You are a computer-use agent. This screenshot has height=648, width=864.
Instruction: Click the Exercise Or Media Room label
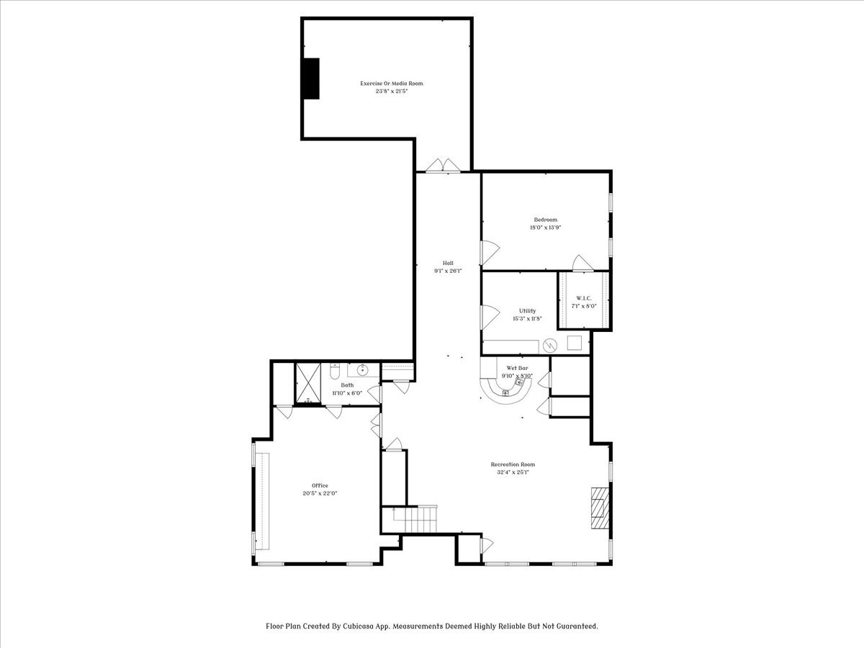coord(392,84)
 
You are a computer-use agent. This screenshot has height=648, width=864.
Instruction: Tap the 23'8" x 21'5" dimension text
coord(391,91)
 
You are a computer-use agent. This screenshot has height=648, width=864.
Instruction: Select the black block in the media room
coord(311,78)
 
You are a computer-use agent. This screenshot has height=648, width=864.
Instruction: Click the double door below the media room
coord(444,166)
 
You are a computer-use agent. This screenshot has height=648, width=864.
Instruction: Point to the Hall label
coord(448,264)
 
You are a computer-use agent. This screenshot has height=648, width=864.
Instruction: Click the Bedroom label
coord(546,220)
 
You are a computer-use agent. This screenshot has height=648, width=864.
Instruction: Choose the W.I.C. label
coord(584,298)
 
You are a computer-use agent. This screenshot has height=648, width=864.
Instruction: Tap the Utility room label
coord(528,311)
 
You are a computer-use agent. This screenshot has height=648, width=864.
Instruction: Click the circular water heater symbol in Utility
coord(550,346)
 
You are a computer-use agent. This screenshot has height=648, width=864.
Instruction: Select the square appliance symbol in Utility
coord(575,343)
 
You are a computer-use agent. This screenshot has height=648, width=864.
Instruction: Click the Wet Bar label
coord(517,368)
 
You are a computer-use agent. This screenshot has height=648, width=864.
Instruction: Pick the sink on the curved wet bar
coord(506,392)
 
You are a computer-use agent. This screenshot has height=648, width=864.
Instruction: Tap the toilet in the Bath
coord(334,371)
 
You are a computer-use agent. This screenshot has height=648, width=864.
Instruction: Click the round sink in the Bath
coord(362,370)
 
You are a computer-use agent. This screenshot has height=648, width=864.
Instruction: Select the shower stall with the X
coord(308,383)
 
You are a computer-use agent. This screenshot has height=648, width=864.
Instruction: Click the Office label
coord(320,485)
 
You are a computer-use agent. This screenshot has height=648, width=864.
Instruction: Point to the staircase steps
coord(420,519)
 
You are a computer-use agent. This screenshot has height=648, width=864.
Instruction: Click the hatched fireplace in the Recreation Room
coord(600,508)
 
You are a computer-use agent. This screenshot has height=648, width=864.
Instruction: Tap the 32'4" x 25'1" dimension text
coord(513,472)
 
